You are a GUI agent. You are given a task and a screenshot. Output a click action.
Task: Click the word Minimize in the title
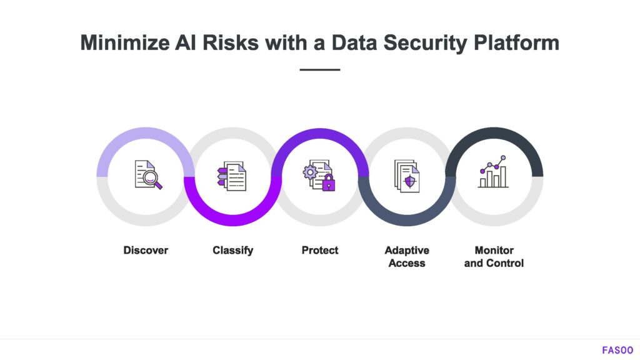125,42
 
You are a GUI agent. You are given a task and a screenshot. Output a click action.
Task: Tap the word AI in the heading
186,42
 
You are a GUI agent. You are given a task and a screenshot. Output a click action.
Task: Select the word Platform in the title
516,42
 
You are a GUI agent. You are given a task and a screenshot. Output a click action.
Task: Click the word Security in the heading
425,43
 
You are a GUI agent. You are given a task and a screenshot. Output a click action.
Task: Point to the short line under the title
319,70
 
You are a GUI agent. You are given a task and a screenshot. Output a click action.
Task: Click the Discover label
146,250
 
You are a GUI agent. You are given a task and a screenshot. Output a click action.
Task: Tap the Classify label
232,251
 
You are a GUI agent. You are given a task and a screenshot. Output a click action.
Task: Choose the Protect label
320,250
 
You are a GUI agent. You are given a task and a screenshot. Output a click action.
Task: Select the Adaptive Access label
407,257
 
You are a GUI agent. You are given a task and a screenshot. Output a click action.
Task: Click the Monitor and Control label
494,257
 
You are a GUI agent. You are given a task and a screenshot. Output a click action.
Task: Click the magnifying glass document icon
148,175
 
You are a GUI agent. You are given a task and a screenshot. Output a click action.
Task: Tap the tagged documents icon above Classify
232,176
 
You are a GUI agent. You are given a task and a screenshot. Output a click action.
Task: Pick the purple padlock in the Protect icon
329,183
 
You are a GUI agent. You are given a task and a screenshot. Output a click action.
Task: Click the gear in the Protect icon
310,172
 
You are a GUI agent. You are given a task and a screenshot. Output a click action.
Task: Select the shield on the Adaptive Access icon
410,182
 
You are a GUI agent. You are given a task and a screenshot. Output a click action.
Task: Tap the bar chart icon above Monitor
493,172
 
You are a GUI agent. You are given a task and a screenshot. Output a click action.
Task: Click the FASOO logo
617,350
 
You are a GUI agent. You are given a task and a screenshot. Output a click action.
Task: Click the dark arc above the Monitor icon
494,132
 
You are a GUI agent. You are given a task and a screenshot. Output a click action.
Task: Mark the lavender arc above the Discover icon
146,132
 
